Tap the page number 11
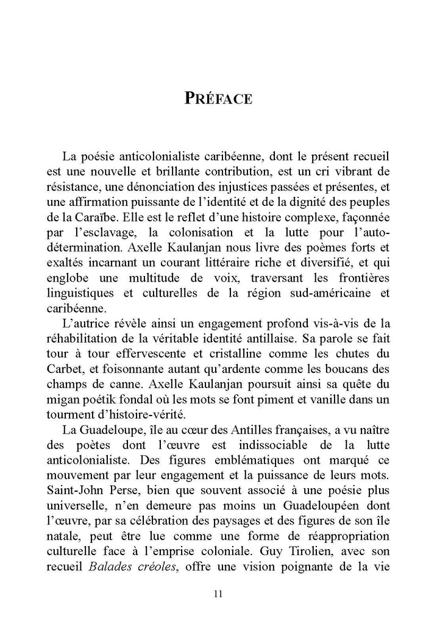[218, 595]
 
